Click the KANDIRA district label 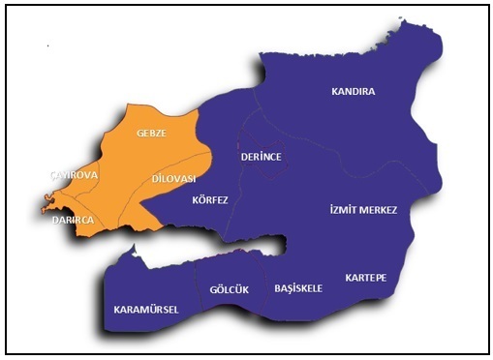[x=353, y=92]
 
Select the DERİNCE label [x=261, y=156]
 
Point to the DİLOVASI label [x=174, y=179]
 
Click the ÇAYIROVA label [x=74, y=174]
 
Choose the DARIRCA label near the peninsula [x=74, y=220]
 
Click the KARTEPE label [x=365, y=278]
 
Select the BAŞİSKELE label [x=297, y=288]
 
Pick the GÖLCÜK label [x=229, y=289]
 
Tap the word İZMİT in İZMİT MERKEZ [x=341, y=210]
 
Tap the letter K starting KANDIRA [x=335, y=92]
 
